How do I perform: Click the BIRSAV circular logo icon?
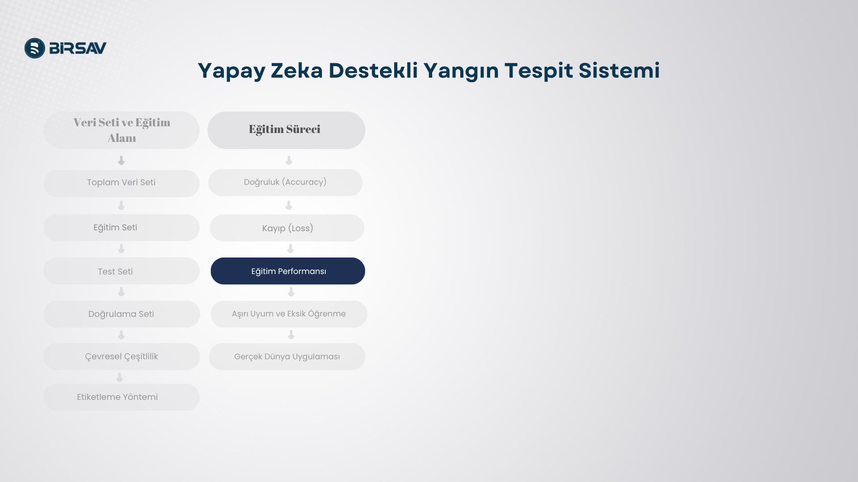pyautogui.click(x=35, y=48)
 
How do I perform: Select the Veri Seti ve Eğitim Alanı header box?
pyautogui.click(x=122, y=130)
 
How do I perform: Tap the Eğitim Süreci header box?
pyautogui.click(x=286, y=130)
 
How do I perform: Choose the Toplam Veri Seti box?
pyautogui.click(x=122, y=183)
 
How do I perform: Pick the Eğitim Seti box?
pyautogui.click(x=122, y=228)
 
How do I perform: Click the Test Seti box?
pyautogui.click(x=122, y=271)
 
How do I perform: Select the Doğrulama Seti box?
pyautogui.click(x=122, y=314)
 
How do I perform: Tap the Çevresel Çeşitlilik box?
pyautogui.click(x=122, y=357)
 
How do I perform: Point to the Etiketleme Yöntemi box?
pyautogui.click(x=122, y=397)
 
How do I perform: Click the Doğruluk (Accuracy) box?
pyautogui.click(x=285, y=183)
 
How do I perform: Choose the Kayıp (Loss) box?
pyautogui.click(x=287, y=228)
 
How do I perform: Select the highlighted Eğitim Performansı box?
pyautogui.click(x=288, y=271)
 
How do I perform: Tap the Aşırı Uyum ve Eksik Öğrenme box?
pyautogui.click(x=289, y=314)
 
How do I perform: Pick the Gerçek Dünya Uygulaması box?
pyautogui.click(x=287, y=357)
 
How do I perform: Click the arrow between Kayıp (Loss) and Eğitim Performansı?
pyautogui.click(x=290, y=249)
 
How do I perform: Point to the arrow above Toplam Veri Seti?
pyautogui.click(x=121, y=160)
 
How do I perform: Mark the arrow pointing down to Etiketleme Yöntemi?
pyautogui.click(x=119, y=378)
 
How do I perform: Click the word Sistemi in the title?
pyautogui.click(x=619, y=71)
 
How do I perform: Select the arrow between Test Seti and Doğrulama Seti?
pyautogui.click(x=121, y=292)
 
